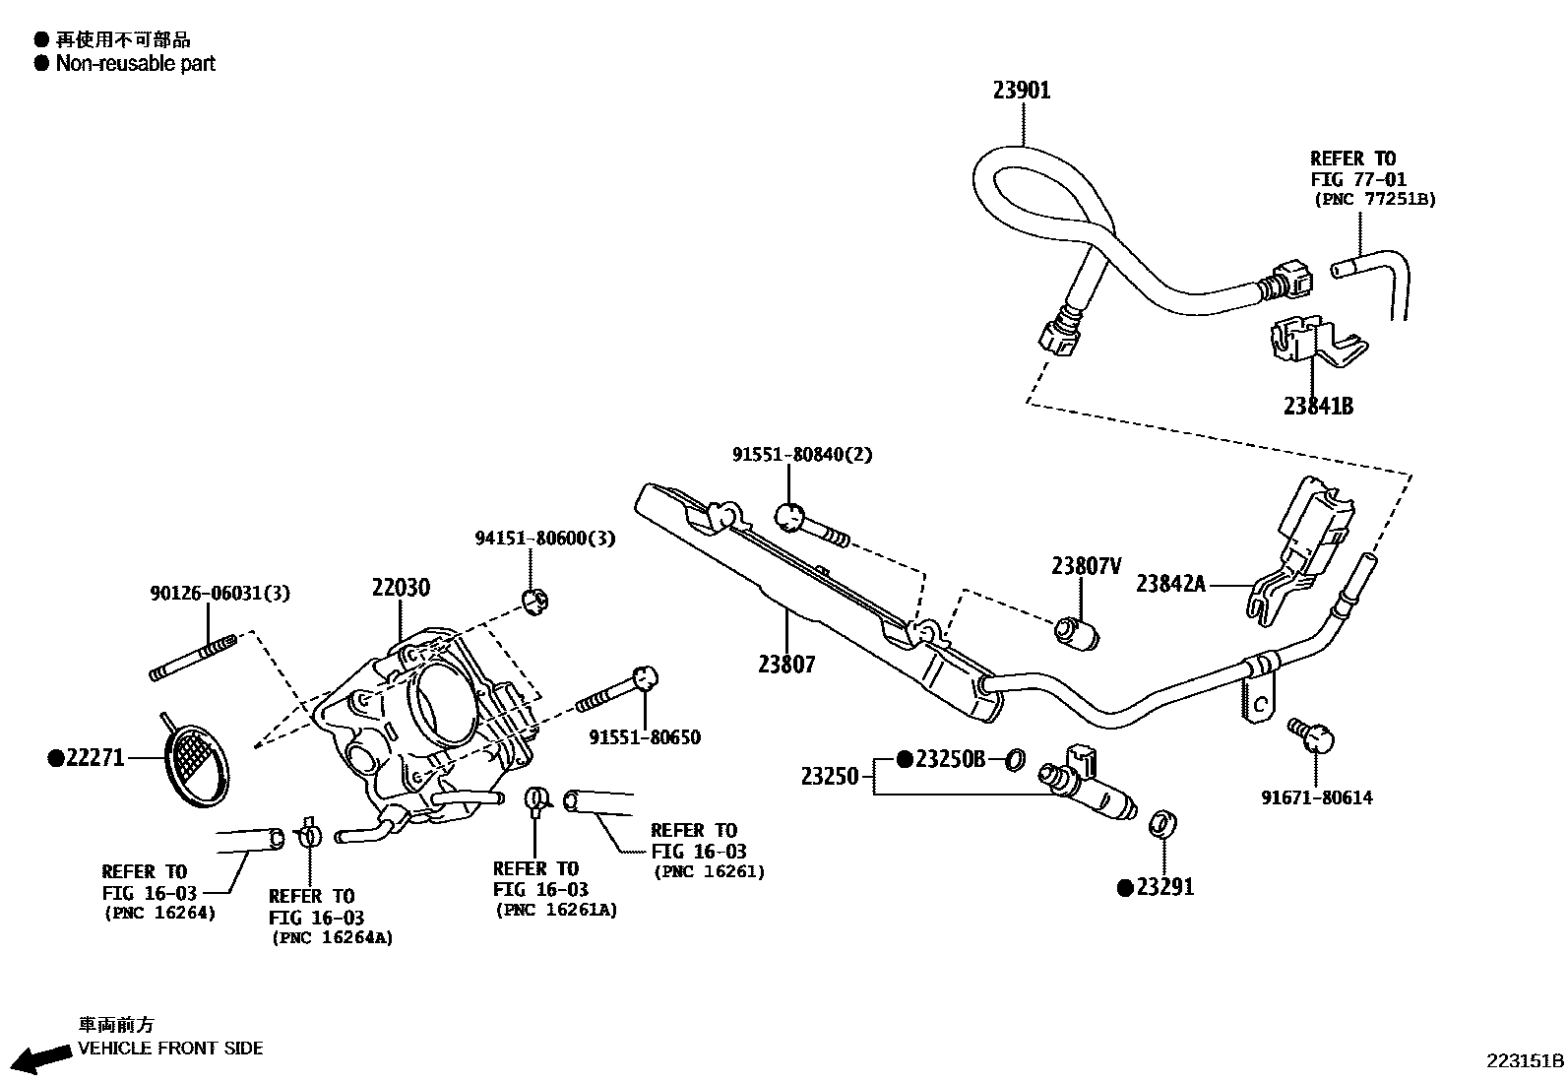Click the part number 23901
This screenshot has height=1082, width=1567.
1021,91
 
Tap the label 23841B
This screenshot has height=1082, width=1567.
1317,406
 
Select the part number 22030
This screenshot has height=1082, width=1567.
401,588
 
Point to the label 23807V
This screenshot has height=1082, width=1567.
1086,566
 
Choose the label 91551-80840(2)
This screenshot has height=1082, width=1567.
801,455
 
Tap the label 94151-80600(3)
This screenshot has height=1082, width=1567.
544,539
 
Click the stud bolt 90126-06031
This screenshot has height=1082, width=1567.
193,658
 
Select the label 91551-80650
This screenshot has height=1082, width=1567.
645,737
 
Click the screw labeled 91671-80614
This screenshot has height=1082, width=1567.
1312,734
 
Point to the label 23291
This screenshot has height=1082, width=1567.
1164,887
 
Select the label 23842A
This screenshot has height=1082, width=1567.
1170,584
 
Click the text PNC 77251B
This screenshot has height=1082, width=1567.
1375,199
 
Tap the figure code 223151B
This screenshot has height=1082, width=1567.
1524,1061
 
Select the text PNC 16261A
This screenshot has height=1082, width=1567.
556,911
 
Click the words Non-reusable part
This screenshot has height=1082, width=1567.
135,64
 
